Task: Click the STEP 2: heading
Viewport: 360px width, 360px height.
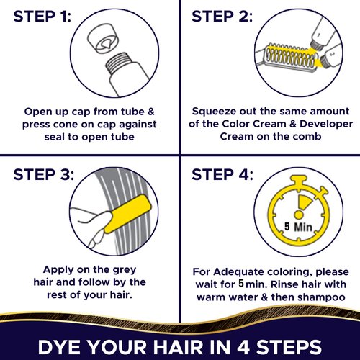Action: [222, 17]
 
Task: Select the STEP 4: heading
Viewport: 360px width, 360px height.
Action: [222, 175]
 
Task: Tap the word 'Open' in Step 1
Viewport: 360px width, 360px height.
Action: [37, 112]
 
